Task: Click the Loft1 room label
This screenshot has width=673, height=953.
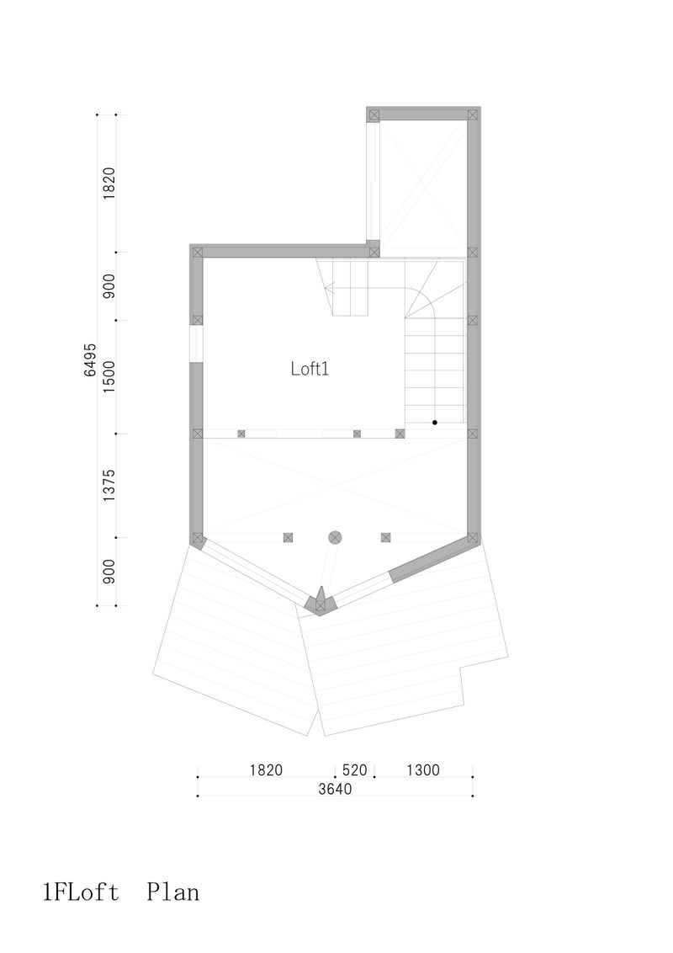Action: [308, 369]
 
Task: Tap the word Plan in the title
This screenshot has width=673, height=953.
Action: [173, 892]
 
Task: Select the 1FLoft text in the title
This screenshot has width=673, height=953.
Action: [80, 892]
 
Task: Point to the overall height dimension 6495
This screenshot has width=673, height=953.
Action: [90, 359]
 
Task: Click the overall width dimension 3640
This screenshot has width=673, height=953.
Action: [335, 789]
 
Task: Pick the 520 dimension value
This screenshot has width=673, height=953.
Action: [355, 770]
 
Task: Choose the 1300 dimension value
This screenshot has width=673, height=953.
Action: [423, 770]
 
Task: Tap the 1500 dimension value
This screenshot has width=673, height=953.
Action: [109, 377]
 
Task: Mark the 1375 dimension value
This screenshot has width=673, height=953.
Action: [109, 486]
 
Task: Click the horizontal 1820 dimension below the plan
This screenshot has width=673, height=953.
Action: [266, 770]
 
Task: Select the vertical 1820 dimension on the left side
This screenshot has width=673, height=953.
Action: [109, 183]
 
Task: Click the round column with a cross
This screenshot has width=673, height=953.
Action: [335, 536]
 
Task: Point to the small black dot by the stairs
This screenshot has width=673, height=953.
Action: [435, 421]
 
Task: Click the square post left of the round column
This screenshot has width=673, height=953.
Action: [287, 536]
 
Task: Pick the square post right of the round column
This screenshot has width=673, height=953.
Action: [385, 536]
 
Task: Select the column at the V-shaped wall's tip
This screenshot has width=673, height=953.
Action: [320, 604]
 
